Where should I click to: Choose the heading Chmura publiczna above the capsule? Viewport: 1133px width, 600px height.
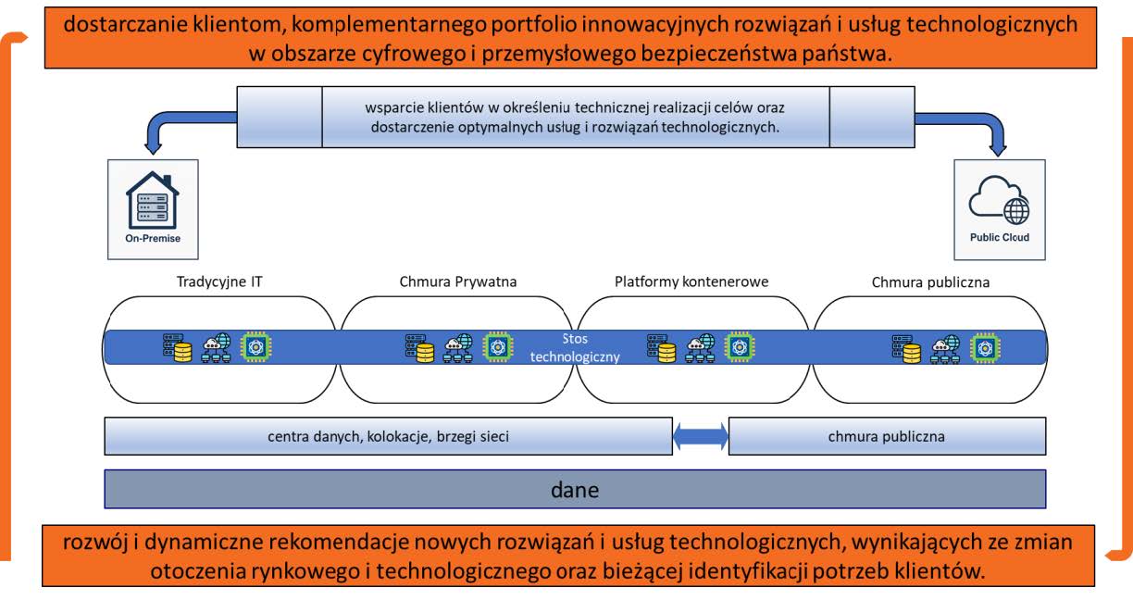coord(930,282)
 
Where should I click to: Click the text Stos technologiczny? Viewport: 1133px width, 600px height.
coord(575,347)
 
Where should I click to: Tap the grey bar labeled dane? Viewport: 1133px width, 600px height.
coord(575,490)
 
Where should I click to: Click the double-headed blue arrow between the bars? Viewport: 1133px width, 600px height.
coord(701,436)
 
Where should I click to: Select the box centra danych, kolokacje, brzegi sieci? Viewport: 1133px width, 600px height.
coord(388,436)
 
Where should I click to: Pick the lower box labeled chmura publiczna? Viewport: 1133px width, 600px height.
coord(887,436)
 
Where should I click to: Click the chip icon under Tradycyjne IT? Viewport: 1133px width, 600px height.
coord(256,347)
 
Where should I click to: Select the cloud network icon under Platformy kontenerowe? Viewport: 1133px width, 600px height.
coord(701,347)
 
